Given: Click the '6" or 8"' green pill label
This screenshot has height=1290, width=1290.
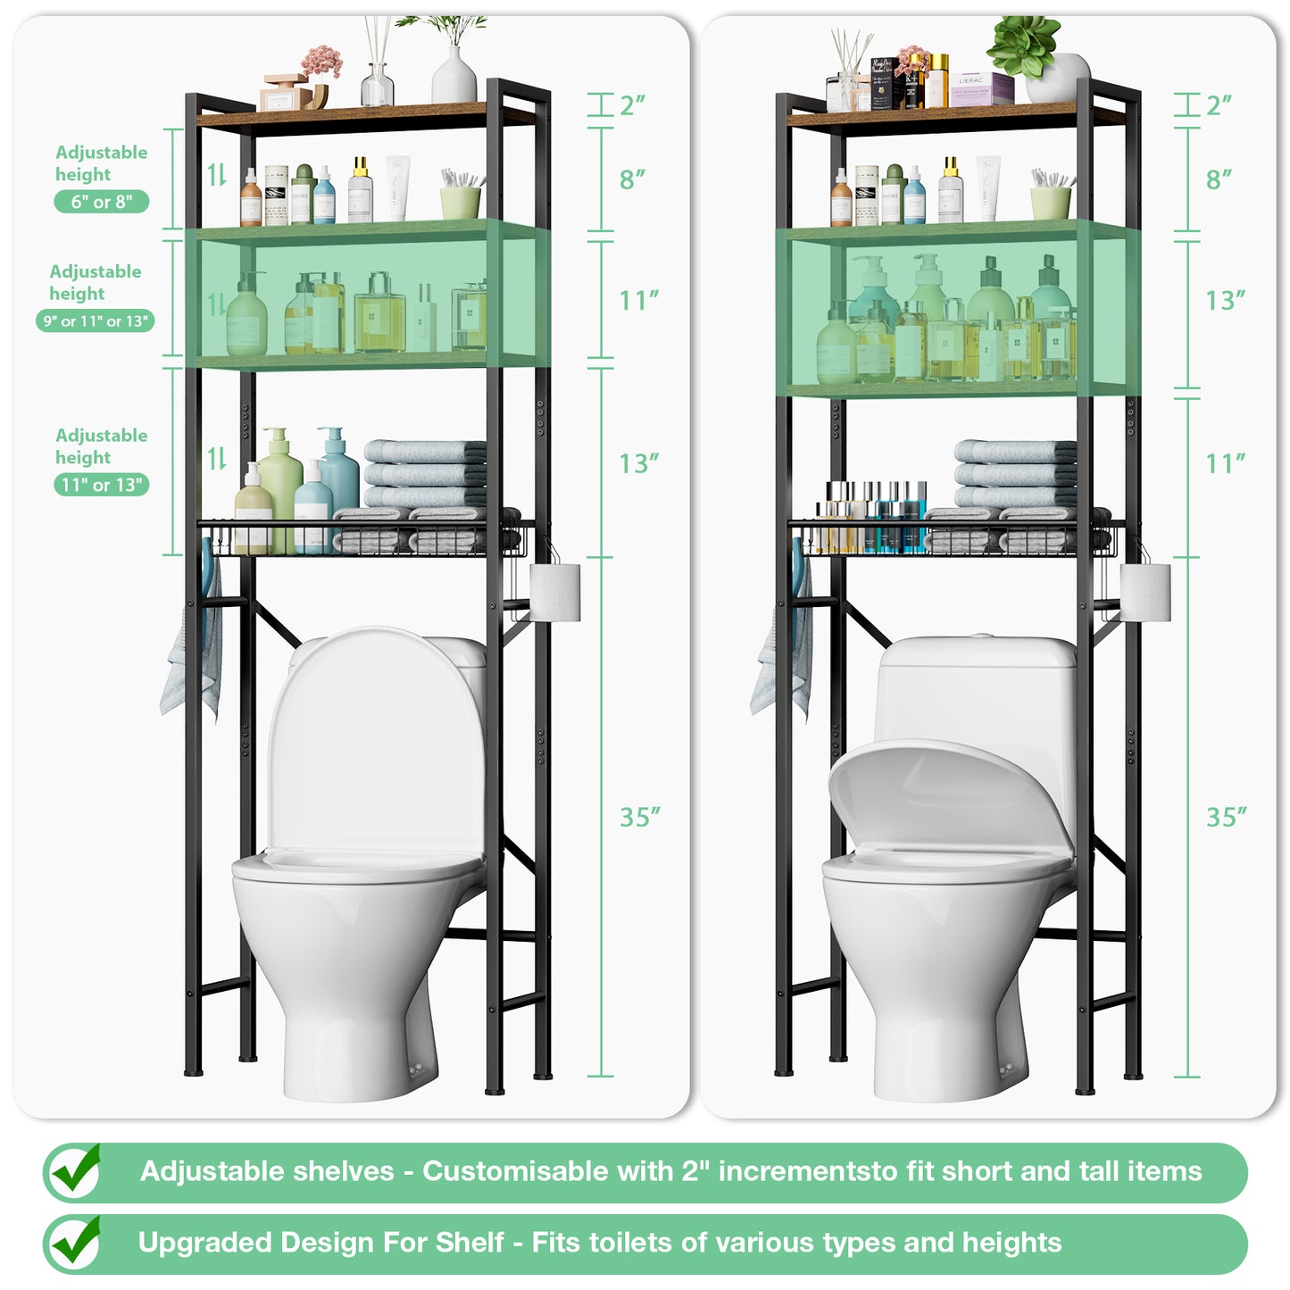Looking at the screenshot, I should coord(101,202).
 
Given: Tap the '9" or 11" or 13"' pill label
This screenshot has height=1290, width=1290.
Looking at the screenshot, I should coord(96,321).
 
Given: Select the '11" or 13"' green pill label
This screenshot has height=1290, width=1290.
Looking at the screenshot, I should coord(101,485).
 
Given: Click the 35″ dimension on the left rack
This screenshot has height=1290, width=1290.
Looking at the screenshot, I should coord(640,817).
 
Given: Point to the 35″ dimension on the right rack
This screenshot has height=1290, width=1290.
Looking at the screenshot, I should coord(1227,817).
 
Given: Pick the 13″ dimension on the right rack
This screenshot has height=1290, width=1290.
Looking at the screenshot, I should coord(1225,301).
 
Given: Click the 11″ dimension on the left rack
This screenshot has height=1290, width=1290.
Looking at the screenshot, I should coord(638,301).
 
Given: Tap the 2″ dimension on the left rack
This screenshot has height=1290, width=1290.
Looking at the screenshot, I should coord(632,105).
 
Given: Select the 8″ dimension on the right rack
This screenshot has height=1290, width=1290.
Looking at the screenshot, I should coord(1219,179).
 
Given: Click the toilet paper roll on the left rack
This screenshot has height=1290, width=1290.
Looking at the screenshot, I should coord(555,591).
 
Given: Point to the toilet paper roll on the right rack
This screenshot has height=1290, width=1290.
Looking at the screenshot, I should coord(1145,591).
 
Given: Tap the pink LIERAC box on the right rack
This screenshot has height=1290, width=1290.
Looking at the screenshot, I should coord(981,89).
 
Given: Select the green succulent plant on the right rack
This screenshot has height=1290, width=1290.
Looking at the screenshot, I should coord(1025,45).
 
